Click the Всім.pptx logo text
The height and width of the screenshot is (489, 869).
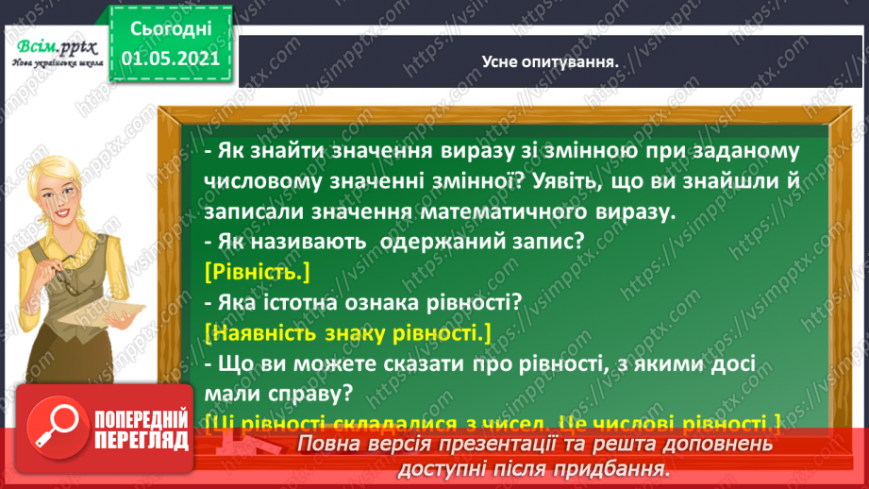(x=54, y=49)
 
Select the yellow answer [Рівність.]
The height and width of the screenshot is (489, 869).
(x=256, y=272)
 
